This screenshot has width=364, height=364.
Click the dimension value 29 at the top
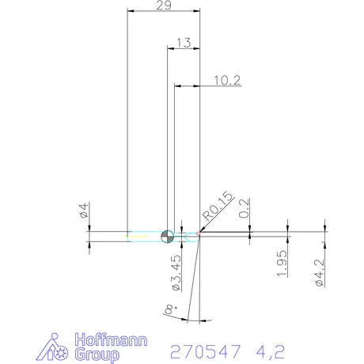tap(164, 6)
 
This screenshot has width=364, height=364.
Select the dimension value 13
tap(183, 43)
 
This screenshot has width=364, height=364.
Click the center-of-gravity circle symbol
tap(167, 235)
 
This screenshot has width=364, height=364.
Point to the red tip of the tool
tap(199, 235)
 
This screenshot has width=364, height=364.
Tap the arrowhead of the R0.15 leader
tap(201, 232)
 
